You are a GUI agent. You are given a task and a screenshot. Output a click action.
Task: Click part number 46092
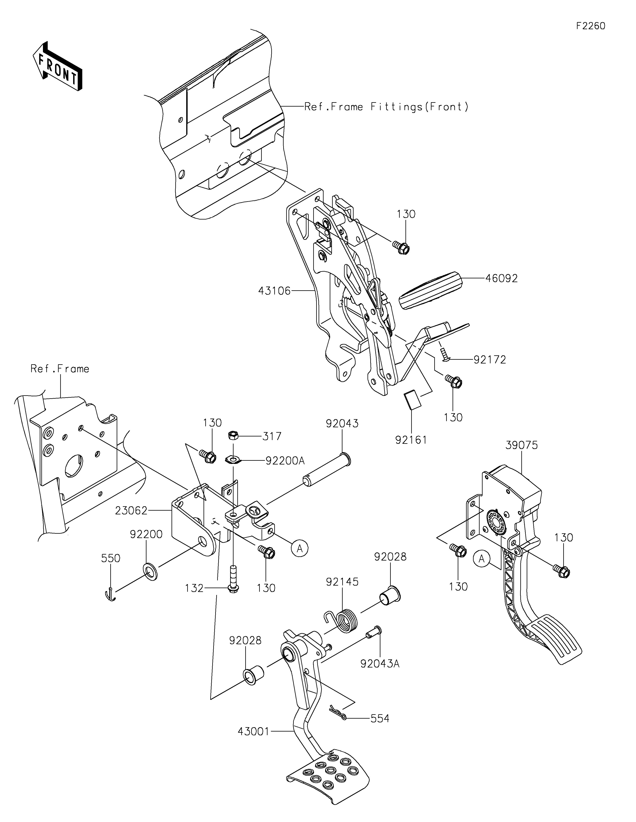point(501,279)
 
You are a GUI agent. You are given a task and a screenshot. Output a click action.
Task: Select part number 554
point(380,718)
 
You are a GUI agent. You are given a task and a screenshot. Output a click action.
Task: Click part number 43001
point(254,732)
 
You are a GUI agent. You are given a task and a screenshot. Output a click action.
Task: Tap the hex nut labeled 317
point(232,436)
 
